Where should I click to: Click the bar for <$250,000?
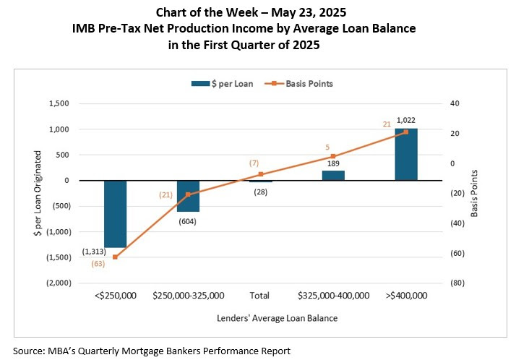[x=115, y=214]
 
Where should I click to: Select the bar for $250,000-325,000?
[x=188, y=196]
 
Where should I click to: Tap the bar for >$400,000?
[x=405, y=155]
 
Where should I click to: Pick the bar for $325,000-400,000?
[x=333, y=176]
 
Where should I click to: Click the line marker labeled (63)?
[x=115, y=257]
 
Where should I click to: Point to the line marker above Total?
[x=260, y=174]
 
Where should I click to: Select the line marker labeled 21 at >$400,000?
[x=405, y=132]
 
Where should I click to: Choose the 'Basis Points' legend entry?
[x=302, y=84]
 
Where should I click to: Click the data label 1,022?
[x=405, y=120]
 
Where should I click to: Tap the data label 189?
[x=333, y=164]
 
